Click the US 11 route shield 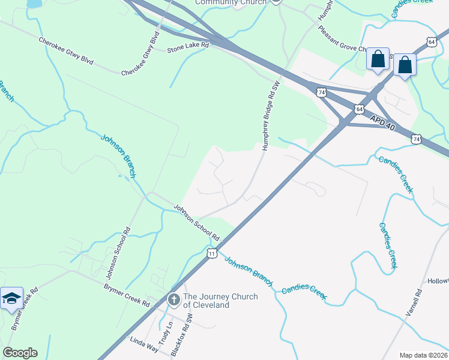[212, 254]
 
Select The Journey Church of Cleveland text [220, 301]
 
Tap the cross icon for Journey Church [173, 299]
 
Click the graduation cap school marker [11, 298]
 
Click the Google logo [20, 353]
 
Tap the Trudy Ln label [168, 332]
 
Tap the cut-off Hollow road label [438, 281]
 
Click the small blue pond [34, 4]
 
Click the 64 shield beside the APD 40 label [359, 109]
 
